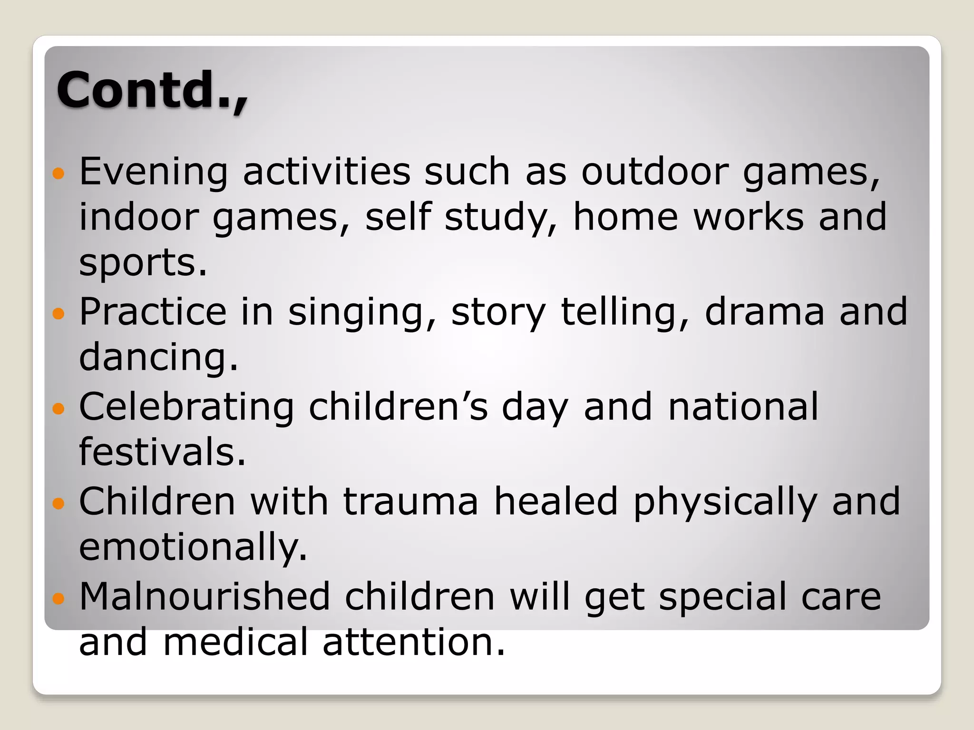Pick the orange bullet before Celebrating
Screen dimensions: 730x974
pos(58,408)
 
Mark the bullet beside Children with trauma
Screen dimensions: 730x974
pos(58,503)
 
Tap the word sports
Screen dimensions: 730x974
pos(143,263)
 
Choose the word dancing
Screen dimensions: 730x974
pos(158,357)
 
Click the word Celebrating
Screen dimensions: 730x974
pos(186,408)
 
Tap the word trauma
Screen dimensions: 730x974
pos(410,502)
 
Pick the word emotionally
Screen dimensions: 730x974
pos(193,547)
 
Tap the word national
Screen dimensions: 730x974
pos(743,407)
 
